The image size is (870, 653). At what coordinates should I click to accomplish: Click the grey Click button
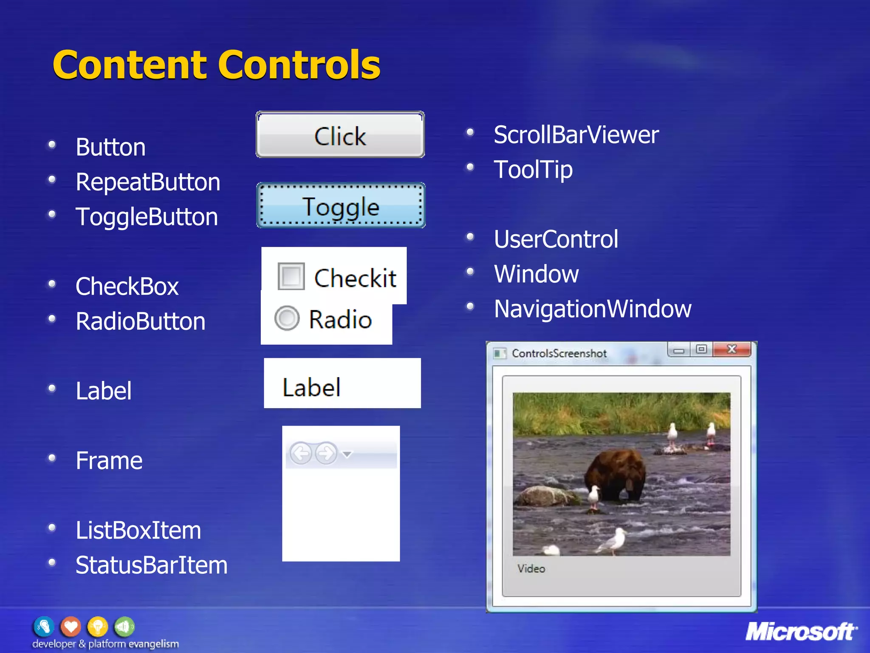(x=340, y=135)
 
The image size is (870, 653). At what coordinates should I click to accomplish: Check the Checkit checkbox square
(x=291, y=276)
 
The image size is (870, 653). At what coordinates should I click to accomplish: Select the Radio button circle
(x=287, y=318)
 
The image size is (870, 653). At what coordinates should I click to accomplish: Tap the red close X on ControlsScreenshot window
(x=732, y=349)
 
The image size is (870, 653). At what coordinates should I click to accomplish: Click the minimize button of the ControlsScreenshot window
(x=679, y=350)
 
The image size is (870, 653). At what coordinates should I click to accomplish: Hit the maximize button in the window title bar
(x=701, y=349)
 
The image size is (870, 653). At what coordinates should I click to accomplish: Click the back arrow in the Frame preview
(x=301, y=454)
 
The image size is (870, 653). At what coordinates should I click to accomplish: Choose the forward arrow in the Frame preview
(x=326, y=454)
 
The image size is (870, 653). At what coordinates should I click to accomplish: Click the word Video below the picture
(x=531, y=568)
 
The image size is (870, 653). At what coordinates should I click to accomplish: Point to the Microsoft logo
(x=801, y=631)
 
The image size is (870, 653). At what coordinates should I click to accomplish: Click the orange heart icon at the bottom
(x=71, y=626)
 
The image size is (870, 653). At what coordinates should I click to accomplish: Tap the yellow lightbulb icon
(x=97, y=626)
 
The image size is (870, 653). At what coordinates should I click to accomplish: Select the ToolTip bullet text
(x=533, y=170)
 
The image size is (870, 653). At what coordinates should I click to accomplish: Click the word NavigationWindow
(x=592, y=309)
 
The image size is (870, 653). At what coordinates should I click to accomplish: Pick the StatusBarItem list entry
(x=151, y=565)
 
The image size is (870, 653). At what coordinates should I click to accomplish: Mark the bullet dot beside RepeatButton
(x=52, y=179)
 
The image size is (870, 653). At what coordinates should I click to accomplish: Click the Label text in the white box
(x=311, y=387)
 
